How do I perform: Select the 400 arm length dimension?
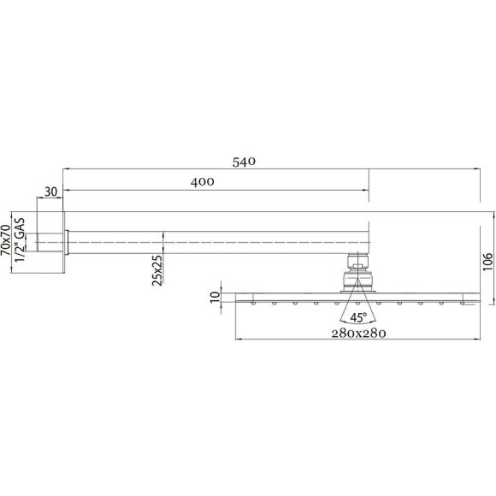[202, 181]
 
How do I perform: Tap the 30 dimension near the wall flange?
[50, 192]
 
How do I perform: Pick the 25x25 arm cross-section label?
[156, 271]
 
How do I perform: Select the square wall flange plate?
[64, 244]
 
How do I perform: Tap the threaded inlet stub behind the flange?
[50, 244]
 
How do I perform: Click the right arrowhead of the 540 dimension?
[476, 169]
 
